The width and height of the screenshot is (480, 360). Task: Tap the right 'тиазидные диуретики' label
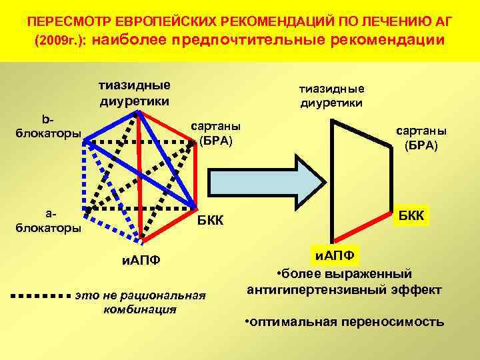(331, 95)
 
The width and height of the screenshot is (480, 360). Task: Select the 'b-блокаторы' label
(47, 126)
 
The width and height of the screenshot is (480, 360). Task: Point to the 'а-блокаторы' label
(47, 220)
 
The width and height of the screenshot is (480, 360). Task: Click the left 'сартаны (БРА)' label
(216, 133)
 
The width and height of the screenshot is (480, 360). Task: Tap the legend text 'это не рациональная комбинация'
(141, 301)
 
